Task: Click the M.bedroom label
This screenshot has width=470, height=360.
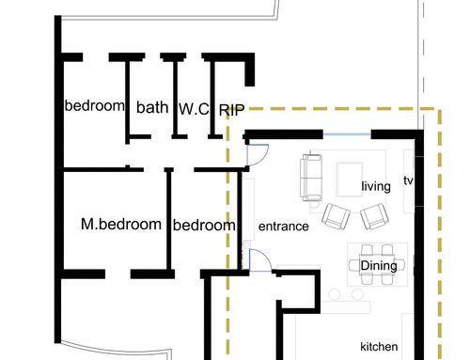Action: click(x=121, y=225)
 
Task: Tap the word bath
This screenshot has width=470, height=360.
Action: click(x=152, y=107)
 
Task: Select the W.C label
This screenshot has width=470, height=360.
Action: click(x=194, y=109)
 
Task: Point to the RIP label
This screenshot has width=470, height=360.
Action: click(x=231, y=110)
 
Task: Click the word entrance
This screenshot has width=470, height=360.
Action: click(x=284, y=227)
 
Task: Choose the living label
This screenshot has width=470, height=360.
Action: click(x=376, y=186)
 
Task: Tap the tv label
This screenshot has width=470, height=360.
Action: click(x=408, y=180)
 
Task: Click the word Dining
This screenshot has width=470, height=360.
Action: click(x=379, y=266)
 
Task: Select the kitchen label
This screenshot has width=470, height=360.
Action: click(x=379, y=347)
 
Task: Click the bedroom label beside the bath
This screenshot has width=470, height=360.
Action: click(x=94, y=105)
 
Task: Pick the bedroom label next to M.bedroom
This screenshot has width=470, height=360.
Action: click(x=204, y=226)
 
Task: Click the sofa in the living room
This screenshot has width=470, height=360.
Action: click(x=311, y=178)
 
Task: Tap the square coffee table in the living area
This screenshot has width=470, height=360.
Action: click(x=350, y=180)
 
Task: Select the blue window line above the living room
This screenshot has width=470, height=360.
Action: click(x=347, y=134)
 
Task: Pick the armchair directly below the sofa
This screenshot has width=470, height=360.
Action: click(x=336, y=216)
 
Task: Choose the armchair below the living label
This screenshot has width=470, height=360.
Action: click(x=375, y=216)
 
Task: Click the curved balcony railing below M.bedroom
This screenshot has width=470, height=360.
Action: click(x=116, y=348)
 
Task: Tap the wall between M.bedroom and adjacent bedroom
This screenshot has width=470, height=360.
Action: click(x=168, y=218)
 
